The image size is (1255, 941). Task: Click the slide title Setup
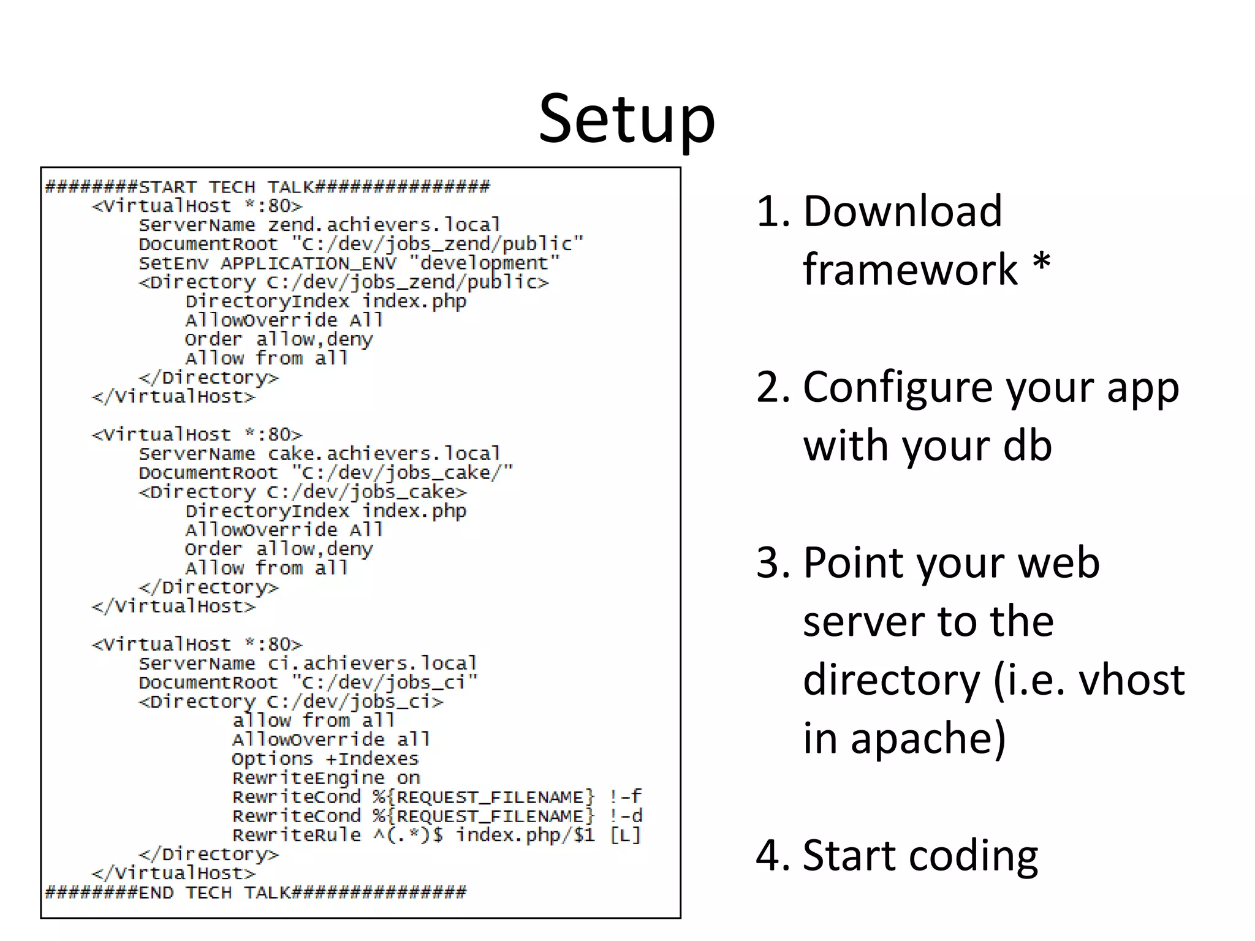click(627, 119)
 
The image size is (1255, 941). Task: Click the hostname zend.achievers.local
click(384, 225)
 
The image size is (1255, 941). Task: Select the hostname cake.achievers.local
click(384, 454)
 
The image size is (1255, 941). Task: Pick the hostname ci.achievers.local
click(372, 663)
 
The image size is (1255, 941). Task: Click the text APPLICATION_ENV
click(308, 263)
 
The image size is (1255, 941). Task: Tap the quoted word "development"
click(484, 263)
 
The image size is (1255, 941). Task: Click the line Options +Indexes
click(325, 759)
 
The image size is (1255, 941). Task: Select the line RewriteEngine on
click(326, 778)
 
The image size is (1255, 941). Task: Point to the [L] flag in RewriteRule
click(625, 835)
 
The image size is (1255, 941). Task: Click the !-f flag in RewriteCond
click(625, 797)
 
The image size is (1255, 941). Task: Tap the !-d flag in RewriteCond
click(625, 816)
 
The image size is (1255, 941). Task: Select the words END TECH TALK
click(214, 893)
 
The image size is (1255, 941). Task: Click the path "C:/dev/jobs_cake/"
click(402, 473)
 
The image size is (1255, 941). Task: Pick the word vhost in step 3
click(1131, 680)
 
